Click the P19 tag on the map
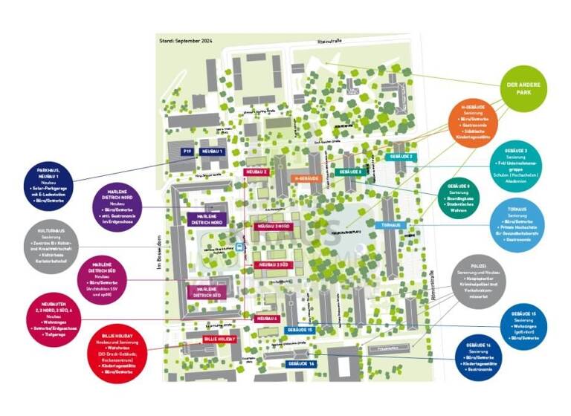coord(187,152)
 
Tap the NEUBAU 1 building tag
coord(211,152)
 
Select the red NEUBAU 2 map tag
coord(256,172)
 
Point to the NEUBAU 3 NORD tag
coord(273,226)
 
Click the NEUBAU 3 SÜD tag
coord(270,264)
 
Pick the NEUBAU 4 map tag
coord(266,319)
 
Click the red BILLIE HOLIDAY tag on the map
coord(219,339)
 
